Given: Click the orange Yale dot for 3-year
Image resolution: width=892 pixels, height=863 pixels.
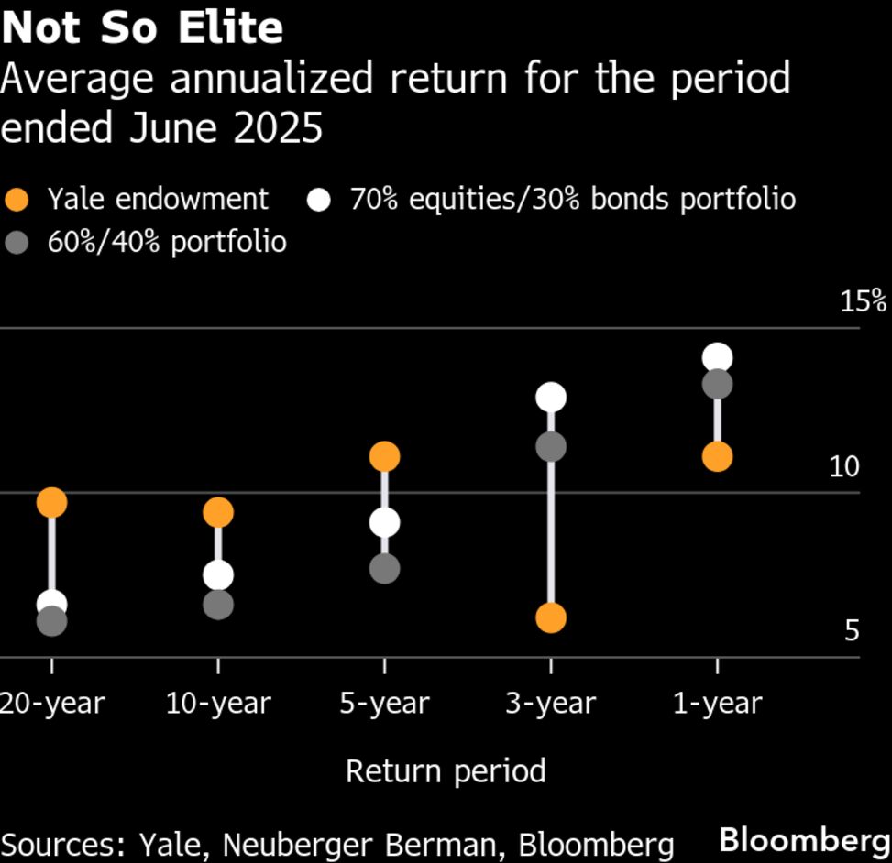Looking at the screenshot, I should pos(550,617).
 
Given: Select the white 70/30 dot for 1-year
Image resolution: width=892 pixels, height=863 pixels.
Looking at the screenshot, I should pos(717,357).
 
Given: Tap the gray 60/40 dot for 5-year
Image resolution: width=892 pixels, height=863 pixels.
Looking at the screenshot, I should pos(384,569).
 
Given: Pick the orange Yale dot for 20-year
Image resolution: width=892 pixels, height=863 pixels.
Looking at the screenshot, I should pos(51,502).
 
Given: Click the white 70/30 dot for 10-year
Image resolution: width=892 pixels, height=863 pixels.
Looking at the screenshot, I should pos(218,575).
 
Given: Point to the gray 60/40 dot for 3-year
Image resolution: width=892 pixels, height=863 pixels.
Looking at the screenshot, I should pos(550,447).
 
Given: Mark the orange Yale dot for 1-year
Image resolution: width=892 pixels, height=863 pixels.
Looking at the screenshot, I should pos(717,456).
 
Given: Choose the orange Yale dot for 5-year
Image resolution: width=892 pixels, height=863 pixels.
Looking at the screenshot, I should pos(384,456).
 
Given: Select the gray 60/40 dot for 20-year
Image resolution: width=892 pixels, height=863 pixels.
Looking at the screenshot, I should pos(51,622).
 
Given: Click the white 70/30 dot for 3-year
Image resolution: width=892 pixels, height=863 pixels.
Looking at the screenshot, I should pos(550,398).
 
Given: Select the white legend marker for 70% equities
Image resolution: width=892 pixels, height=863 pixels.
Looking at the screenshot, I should pos(319,200).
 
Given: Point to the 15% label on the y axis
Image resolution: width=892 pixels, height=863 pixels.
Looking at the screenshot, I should pos(863,301).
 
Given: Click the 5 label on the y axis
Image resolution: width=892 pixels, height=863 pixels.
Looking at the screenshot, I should pos(852,631).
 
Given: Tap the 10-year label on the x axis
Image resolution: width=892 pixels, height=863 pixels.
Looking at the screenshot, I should pos(218,704).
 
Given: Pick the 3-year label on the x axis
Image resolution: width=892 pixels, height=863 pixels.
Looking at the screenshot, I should pos(550,704).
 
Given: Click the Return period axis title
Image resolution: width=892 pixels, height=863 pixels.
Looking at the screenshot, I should pos(446,771).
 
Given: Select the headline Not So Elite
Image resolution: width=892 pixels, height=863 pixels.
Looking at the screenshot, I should pos(142,27).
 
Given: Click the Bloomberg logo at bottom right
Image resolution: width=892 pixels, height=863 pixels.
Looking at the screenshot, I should pos(804,839).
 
